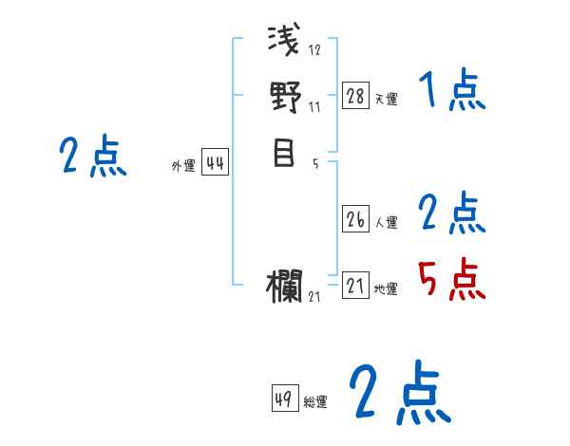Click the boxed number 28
[355, 96]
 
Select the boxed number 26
[355, 219]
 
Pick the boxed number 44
[215, 163]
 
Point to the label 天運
[386, 99]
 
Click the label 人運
[386, 222]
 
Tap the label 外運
[183, 166]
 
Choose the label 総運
[315, 401]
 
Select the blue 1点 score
[451, 92]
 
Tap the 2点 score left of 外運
[92, 157]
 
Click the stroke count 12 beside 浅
[315, 50]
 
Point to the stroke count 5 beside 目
[315, 163]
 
